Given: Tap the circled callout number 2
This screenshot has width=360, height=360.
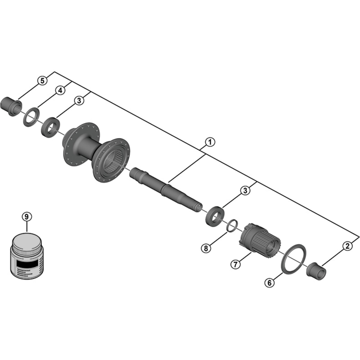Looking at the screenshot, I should (x=346, y=246).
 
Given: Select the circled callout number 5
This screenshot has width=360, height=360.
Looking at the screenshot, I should (x=42, y=81).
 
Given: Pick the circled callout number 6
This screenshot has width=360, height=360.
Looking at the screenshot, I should (x=269, y=283).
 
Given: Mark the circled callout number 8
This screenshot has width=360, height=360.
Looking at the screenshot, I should (x=206, y=248).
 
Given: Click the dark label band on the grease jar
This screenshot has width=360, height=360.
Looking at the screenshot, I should (x=27, y=261).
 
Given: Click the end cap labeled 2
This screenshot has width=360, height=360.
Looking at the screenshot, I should (x=317, y=270).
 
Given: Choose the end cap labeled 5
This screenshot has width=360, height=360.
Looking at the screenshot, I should (x=12, y=106).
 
